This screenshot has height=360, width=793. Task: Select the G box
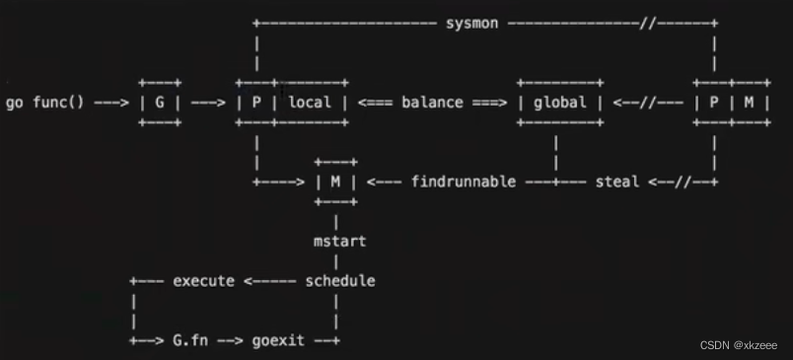coord(160,103)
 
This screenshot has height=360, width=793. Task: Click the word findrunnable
coord(463,182)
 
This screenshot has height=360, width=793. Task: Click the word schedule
coord(340,281)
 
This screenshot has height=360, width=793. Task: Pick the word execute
coord(204,281)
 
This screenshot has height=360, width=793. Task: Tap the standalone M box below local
coord(335,182)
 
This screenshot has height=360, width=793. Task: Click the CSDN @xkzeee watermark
coord(739,345)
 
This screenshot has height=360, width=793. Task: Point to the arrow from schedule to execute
coord(270,281)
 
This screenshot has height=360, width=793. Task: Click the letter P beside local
coord(255,103)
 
